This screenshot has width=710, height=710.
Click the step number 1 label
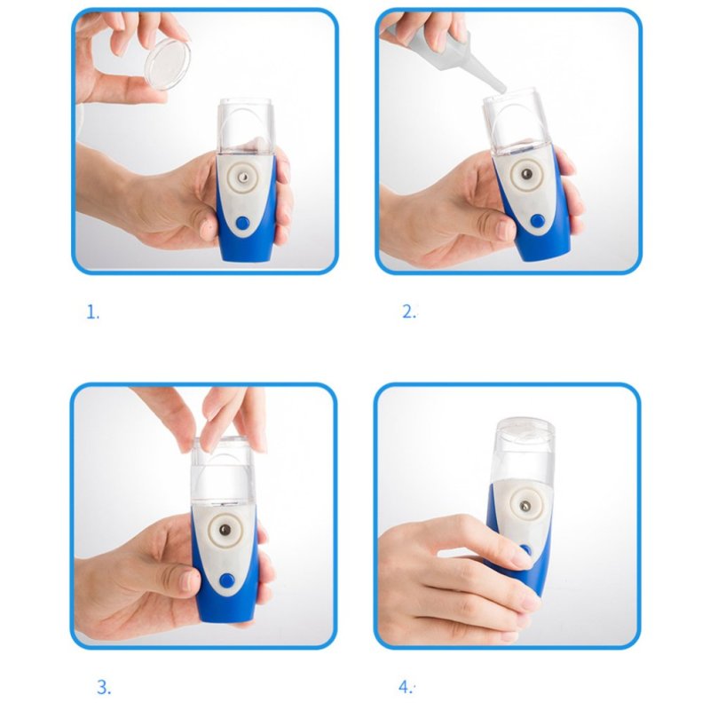pyautogui.click(x=93, y=312)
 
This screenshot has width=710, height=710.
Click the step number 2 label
pyautogui.click(x=409, y=312)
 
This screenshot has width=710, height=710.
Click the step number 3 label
pyautogui.click(x=104, y=687)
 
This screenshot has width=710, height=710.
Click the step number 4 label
pyautogui.click(x=406, y=687)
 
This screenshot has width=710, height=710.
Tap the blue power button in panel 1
pyautogui.click(x=242, y=223)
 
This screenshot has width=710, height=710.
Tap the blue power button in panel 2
pyautogui.click(x=538, y=221)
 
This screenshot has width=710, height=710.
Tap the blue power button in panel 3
pyautogui.click(x=226, y=580)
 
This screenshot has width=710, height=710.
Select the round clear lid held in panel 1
pyautogui.click(x=167, y=64)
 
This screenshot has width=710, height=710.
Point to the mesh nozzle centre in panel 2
pyautogui.click(x=526, y=173)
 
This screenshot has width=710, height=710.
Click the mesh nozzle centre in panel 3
pyautogui.click(x=225, y=529)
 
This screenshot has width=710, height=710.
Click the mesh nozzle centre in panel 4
pyautogui.click(x=525, y=505)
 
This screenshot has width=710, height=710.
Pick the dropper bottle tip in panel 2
pyautogui.click(x=501, y=90)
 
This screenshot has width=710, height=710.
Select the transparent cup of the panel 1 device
pyautogui.click(x=247, y=127)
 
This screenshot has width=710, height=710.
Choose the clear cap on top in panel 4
pyautogui.click(x=525, y=430)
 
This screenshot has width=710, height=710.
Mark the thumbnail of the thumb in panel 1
pyautogui.click(x=208, y=229)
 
